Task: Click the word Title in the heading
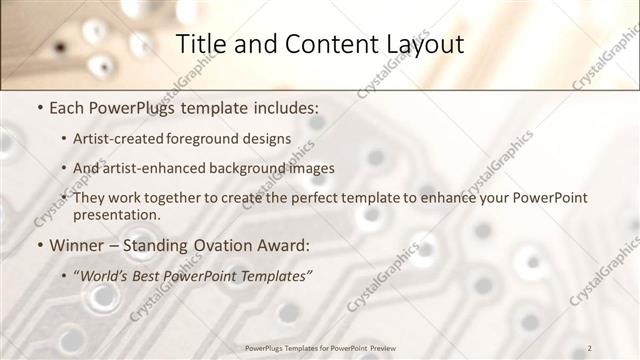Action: (200, 45)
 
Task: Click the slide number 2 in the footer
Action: (590, 348)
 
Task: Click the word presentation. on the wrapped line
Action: (117, 214)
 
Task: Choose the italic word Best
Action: (157, 274)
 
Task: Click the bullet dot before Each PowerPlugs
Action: (39, 105)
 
